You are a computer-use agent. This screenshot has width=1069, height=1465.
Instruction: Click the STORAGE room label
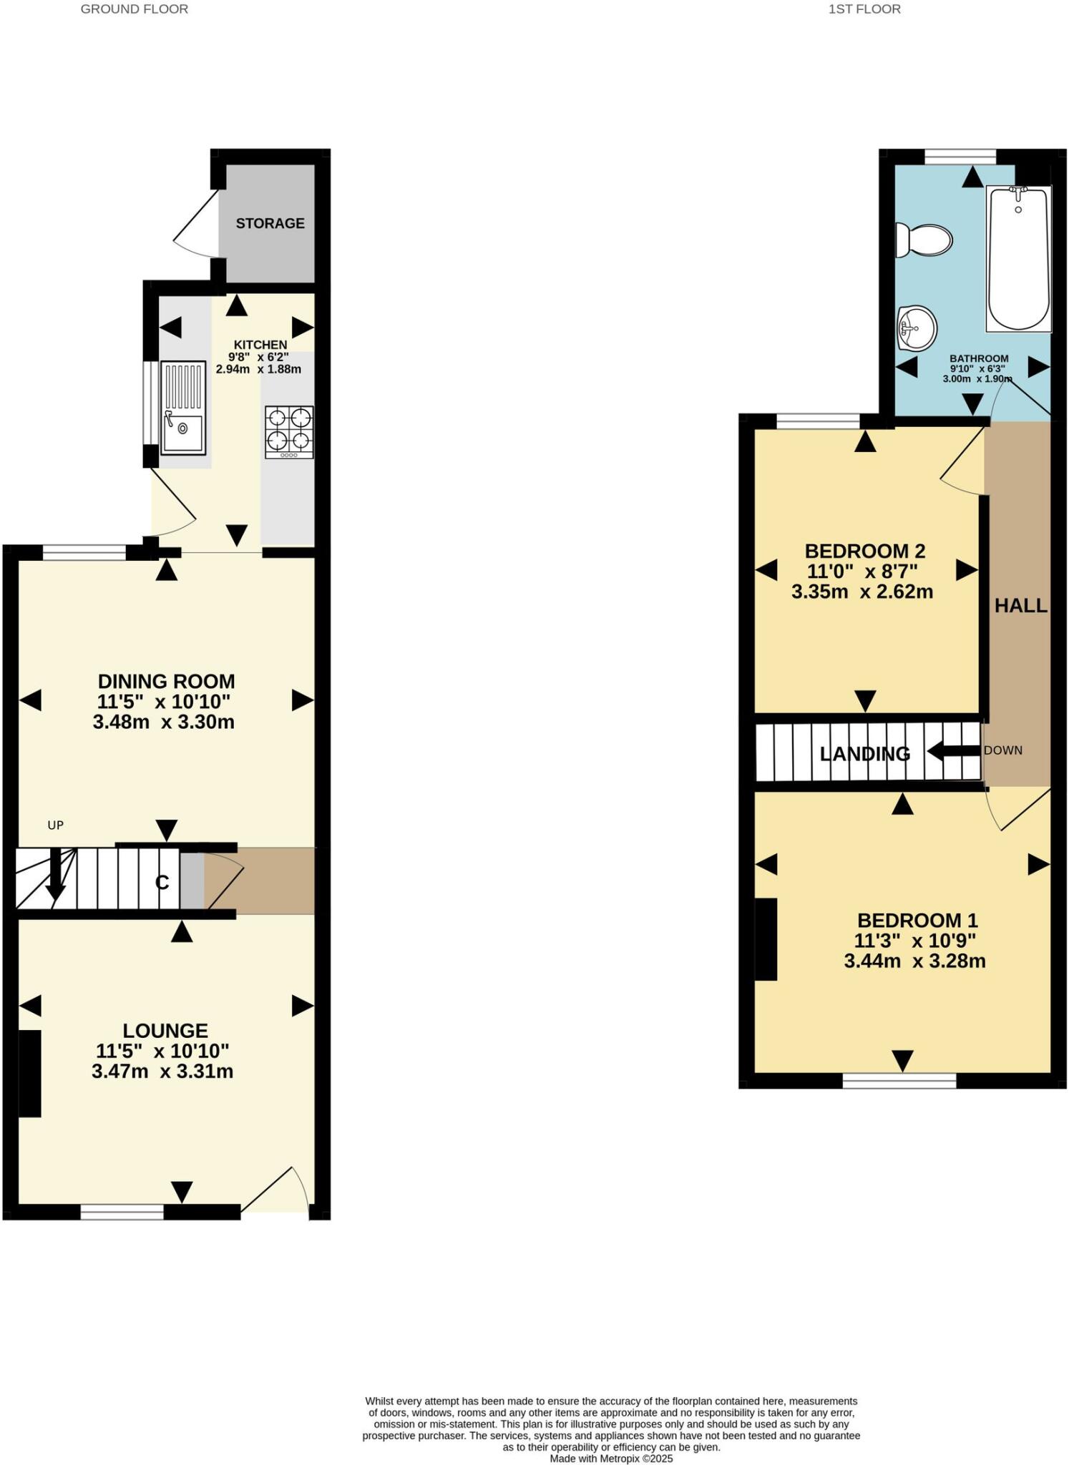point(270,223)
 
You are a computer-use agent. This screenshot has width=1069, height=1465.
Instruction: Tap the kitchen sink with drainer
point(182,408)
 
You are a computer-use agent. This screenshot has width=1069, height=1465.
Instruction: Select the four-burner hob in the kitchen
point(289,432)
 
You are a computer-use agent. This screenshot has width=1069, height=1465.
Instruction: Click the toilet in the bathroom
point(924,240)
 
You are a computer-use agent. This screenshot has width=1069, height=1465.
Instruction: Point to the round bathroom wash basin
point(917,328)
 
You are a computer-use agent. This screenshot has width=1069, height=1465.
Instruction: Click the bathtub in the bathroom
point(1018,258)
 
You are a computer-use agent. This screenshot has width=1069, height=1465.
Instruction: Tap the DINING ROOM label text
point(166,681)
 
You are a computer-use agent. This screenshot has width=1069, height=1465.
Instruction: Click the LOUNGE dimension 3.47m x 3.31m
point(162,1071)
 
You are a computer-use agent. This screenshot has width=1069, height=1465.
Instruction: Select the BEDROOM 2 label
point(864,551)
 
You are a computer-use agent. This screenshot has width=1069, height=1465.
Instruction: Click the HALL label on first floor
point(1020,606)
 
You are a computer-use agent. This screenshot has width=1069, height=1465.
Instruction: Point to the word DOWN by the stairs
point(1002,750)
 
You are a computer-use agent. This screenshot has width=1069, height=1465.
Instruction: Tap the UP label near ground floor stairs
point(55,825)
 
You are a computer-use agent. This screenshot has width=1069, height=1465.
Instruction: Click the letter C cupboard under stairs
point(162,883)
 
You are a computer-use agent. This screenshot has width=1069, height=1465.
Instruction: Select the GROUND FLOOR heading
point(134,9)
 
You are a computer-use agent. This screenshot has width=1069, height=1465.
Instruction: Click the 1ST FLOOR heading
point(864,9)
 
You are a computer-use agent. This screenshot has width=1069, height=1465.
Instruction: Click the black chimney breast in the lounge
point(29,1073)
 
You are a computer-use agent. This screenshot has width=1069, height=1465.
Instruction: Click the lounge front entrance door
point(275,1191)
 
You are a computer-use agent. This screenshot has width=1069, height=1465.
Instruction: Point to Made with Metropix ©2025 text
point(611,1459)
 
